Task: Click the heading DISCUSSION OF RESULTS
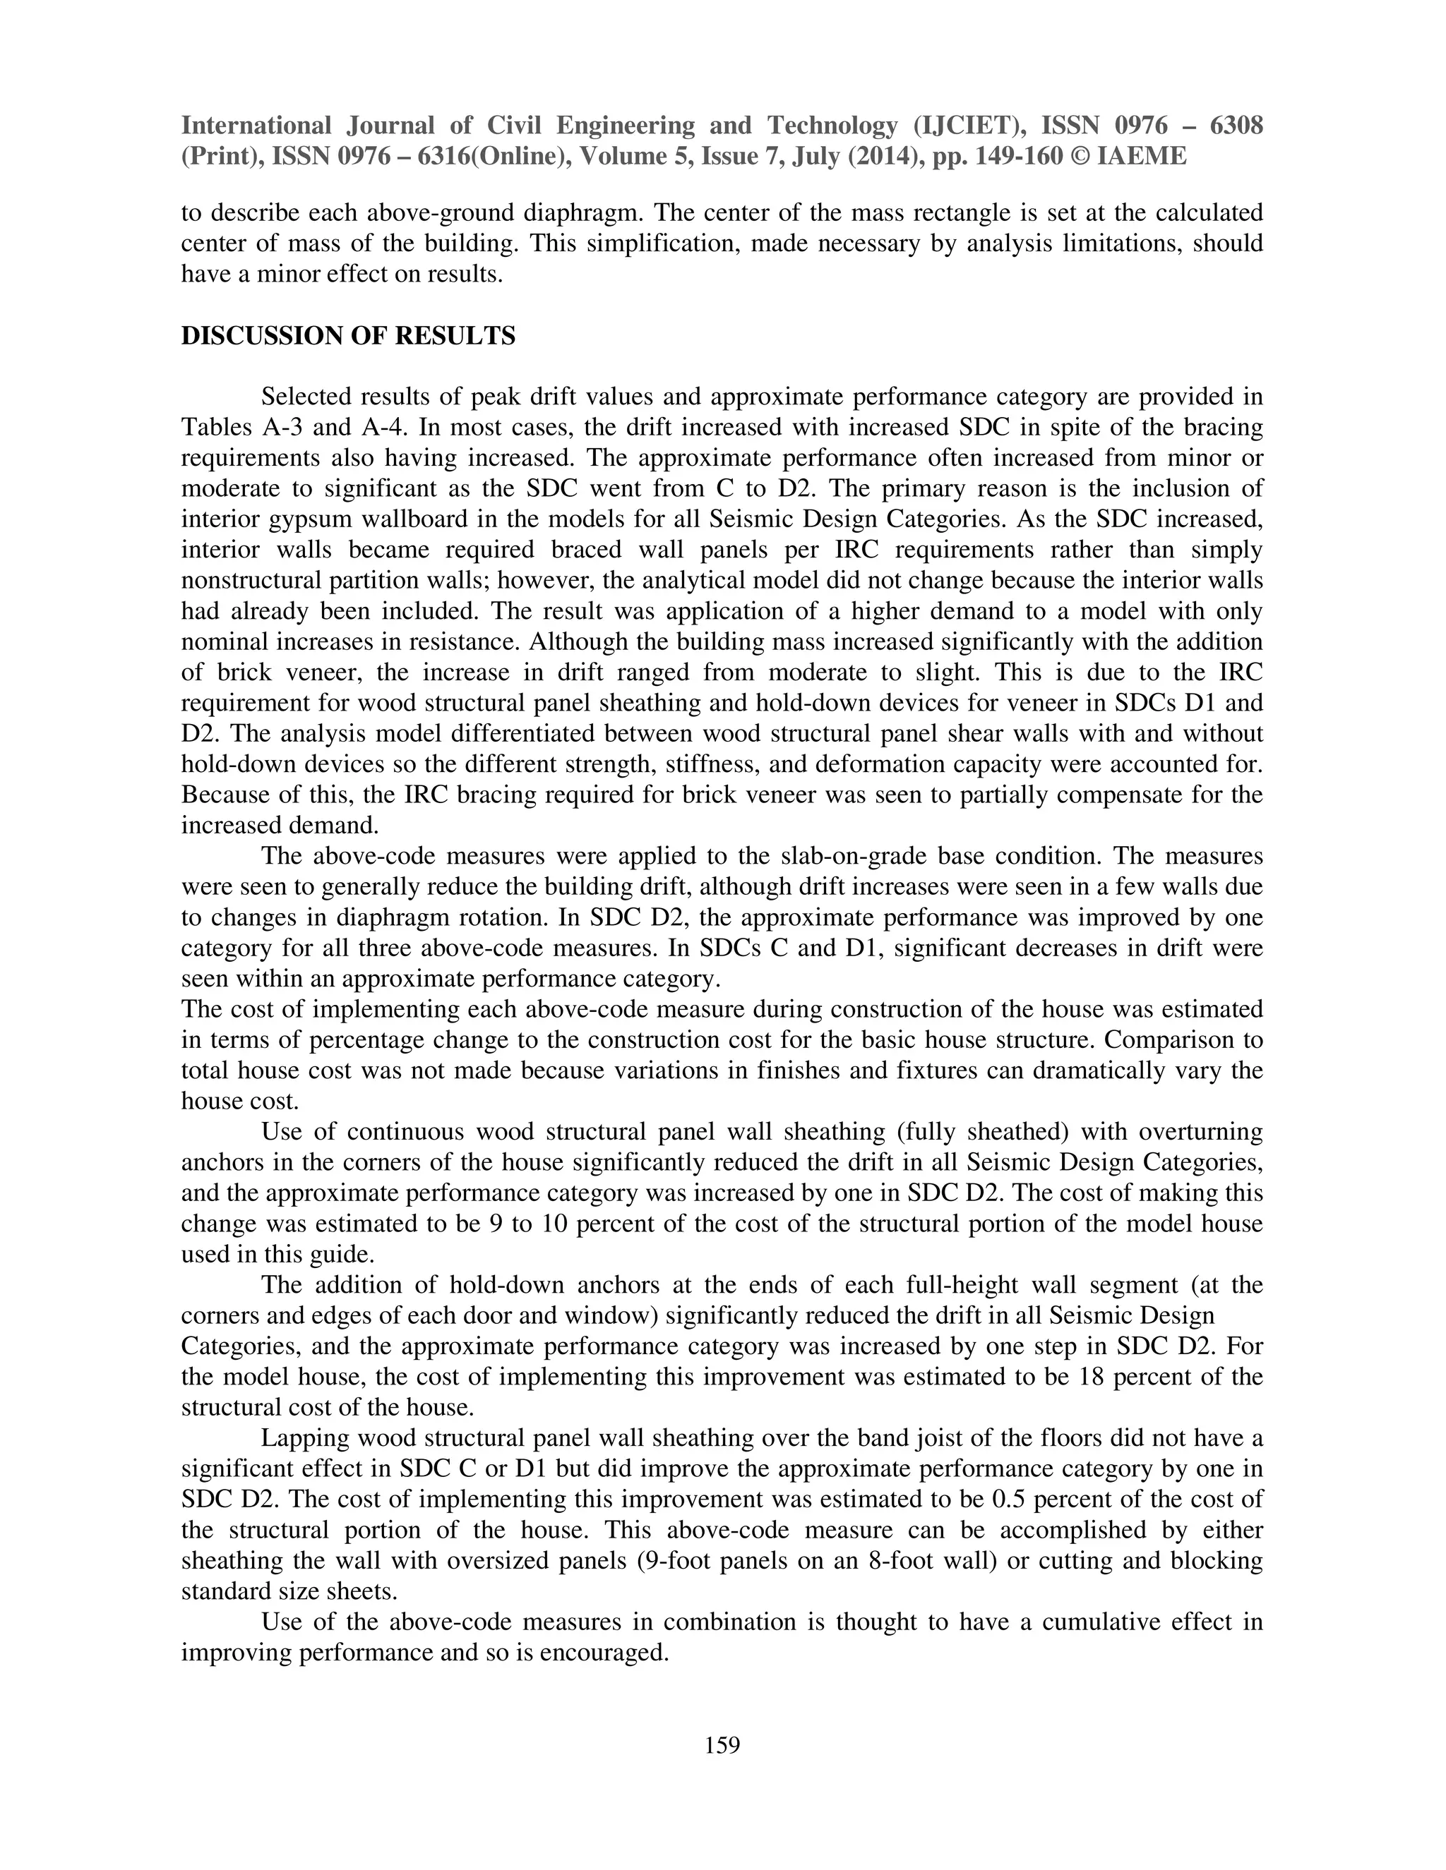point(348,336)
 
